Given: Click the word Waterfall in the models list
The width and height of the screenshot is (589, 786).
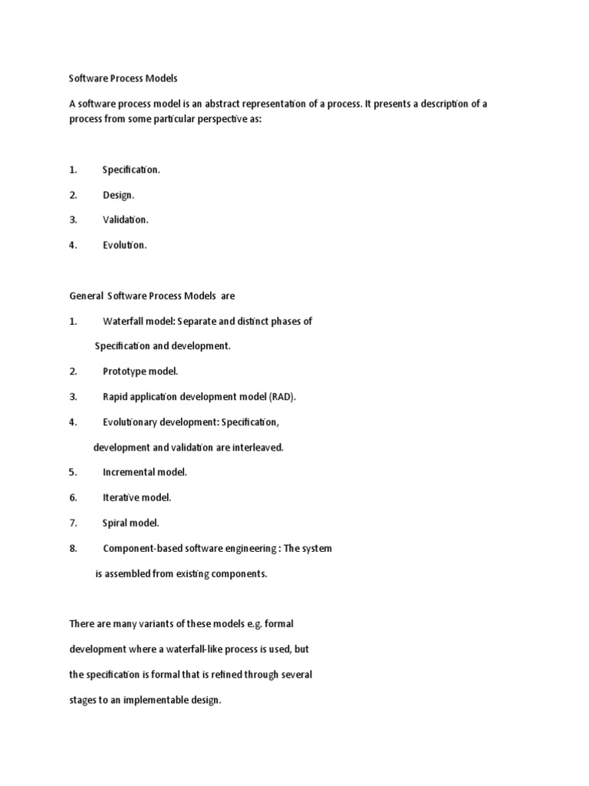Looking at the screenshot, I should pos(123,322).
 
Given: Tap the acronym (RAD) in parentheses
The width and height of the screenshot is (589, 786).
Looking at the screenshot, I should pos(281,397).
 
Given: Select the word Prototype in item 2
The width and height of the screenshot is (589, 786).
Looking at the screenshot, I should pos(125,372).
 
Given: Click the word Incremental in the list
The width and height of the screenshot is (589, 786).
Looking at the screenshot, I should pos(129,472).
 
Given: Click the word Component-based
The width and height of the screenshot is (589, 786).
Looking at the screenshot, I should pos(145,549).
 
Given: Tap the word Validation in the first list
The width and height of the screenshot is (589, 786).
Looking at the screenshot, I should pos(125,220).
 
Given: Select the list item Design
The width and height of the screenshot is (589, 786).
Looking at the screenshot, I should pos(118,196).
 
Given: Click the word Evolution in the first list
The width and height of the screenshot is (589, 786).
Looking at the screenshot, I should pos(123,246).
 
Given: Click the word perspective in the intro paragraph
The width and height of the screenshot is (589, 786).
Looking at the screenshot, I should pos(223,121).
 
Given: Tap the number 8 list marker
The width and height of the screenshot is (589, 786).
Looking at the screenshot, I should pos(73,549).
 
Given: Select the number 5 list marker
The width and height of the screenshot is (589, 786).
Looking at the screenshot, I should pos(73,472).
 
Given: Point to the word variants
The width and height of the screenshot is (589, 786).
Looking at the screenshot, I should pos(143,623).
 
